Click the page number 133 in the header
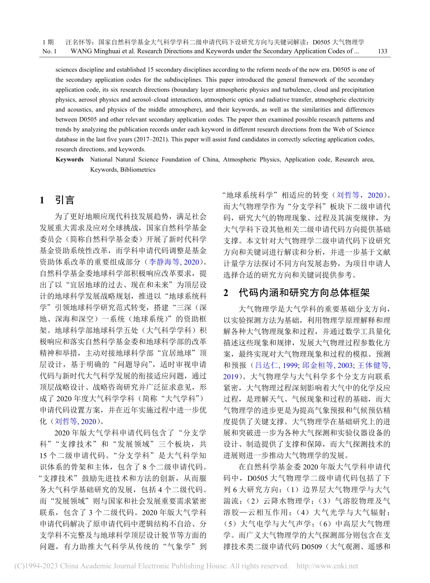click(382, 51)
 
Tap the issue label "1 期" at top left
click(48, 42)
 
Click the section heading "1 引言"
click(57, 200)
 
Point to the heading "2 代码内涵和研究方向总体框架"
click(296, 293)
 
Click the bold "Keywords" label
click(70, 160)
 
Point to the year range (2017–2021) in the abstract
click(188, 140)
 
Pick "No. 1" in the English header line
click(49, 51)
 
